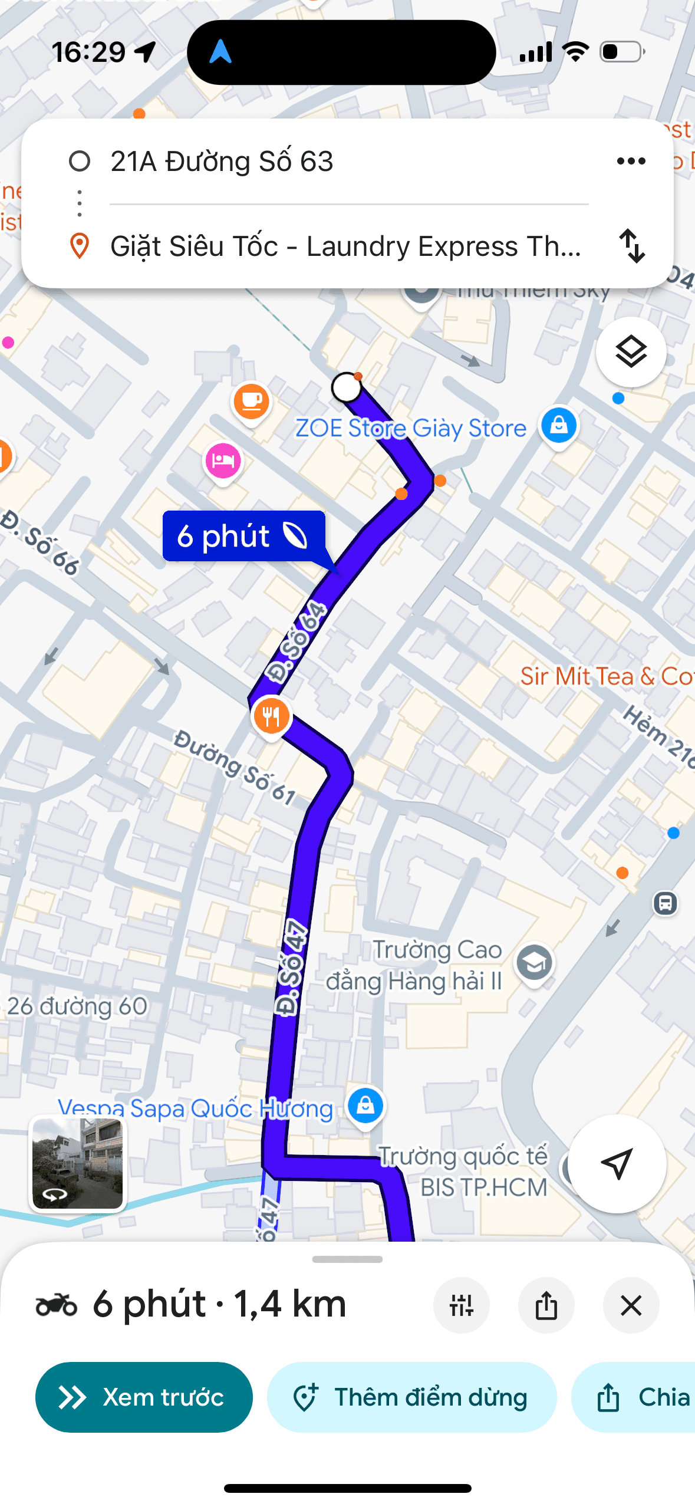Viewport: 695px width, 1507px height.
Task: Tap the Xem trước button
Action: [144, 1397]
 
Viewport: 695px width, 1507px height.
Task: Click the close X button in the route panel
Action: [631, 1306]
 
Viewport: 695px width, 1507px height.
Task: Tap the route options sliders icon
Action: [462, 1306]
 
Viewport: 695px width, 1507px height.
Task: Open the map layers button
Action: [631, 352]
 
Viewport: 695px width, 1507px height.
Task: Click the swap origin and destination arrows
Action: [632, 246]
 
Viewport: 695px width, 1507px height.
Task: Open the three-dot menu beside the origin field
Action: [631, 161]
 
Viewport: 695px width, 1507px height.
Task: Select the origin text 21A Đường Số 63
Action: [222, 162]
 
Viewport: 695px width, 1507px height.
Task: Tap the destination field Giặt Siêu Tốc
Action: [345, 246]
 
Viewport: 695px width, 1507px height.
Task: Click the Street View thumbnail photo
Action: [78, 1163]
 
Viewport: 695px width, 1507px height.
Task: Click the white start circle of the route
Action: [347, 387]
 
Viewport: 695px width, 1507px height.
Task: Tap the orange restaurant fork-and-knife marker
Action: [271, 716]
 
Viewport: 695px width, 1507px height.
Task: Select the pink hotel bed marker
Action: [223, 460]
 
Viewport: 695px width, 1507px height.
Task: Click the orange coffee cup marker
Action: [252, 401]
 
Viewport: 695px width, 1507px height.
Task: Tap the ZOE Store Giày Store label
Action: [410, 428]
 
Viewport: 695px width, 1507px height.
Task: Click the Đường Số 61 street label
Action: [235, 767]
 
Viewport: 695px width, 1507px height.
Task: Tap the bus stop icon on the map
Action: [665, 903]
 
